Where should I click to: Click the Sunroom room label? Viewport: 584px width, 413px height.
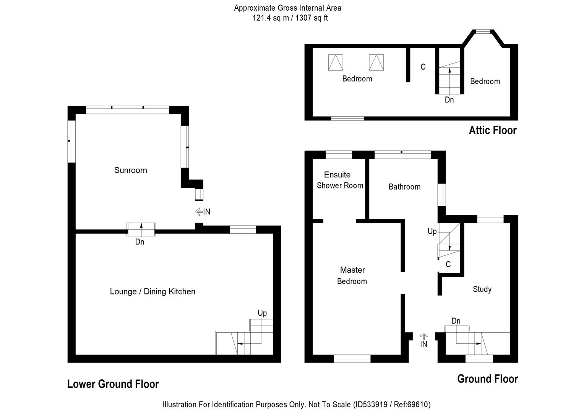click(x=130, y=170)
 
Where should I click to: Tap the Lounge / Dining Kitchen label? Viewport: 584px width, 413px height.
click(x=152, y=291)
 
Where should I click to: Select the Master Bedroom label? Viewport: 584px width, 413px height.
click(x=352, y=276)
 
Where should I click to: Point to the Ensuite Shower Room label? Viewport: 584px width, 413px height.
click(x=339, y=180)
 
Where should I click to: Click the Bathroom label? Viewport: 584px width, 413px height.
click(x=404, y=187)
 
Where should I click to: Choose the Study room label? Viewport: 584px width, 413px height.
click(x=482, y=289)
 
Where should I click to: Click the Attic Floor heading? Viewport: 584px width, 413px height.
click(x=492, y=130)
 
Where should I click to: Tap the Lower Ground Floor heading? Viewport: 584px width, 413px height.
click(x=113, y=384)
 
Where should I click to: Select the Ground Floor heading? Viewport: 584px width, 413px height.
click(x=487, y=379)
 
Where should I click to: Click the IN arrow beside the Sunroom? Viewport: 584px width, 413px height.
click(x=199, y=211)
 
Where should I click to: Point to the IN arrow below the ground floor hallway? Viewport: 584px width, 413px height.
click(x=423, y=336)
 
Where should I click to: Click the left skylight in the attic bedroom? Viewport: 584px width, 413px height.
click(x=336, y=62)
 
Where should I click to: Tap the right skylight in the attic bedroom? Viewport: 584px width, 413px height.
click(x=376, y=62)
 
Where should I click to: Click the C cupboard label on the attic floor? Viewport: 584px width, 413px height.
click(x=423, y=67)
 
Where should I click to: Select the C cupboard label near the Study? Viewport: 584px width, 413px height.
click(x=448, y=264)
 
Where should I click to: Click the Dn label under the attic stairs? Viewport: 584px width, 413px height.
click(x=449, y=100)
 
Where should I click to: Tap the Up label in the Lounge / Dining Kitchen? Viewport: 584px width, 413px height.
click(x=262, y=313)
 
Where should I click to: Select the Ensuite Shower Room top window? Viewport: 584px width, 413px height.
click(x=338, y=154)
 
